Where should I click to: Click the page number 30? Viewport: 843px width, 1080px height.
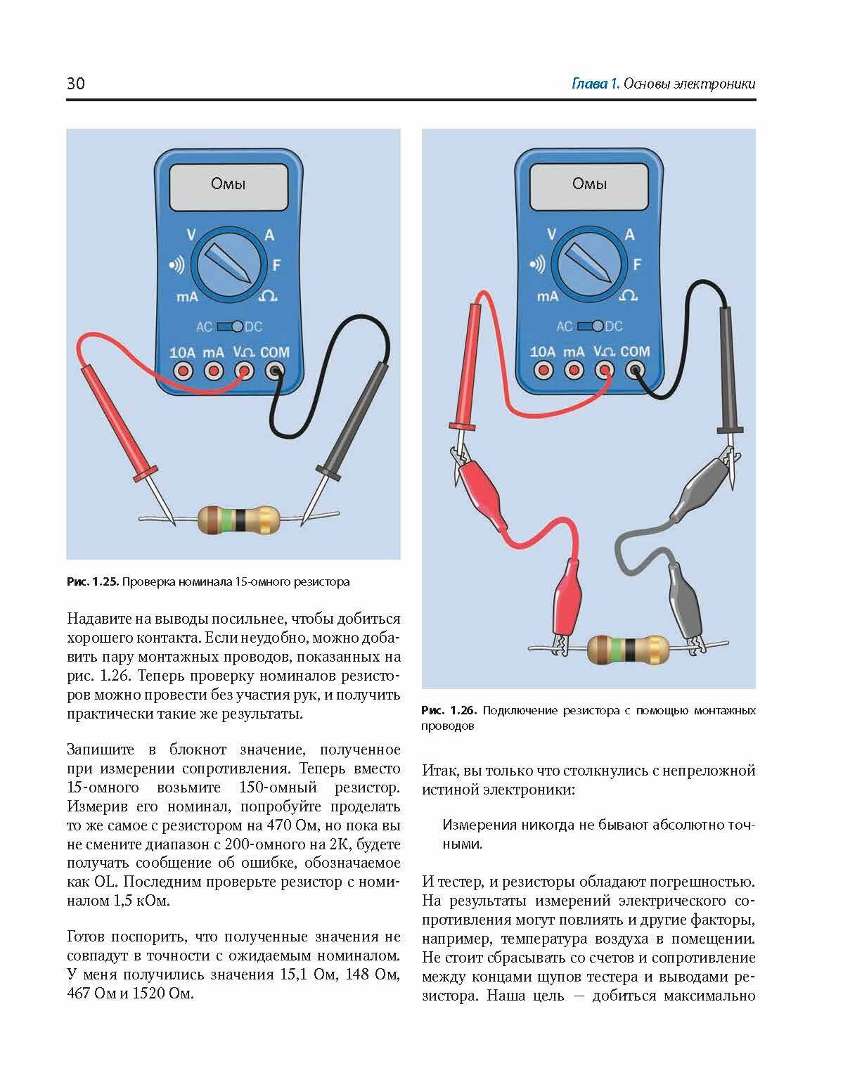76,84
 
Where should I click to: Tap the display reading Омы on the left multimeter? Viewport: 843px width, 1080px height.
229,184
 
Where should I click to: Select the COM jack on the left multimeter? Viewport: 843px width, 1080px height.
274,371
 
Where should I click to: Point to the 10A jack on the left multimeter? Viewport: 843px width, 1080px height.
183,371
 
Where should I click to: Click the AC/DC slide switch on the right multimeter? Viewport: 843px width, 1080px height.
589,326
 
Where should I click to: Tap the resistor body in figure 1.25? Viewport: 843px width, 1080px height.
238,520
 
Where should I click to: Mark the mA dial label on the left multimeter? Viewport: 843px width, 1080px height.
187,297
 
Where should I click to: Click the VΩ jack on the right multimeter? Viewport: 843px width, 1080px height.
605,369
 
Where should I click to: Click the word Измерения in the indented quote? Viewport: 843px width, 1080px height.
480,825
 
